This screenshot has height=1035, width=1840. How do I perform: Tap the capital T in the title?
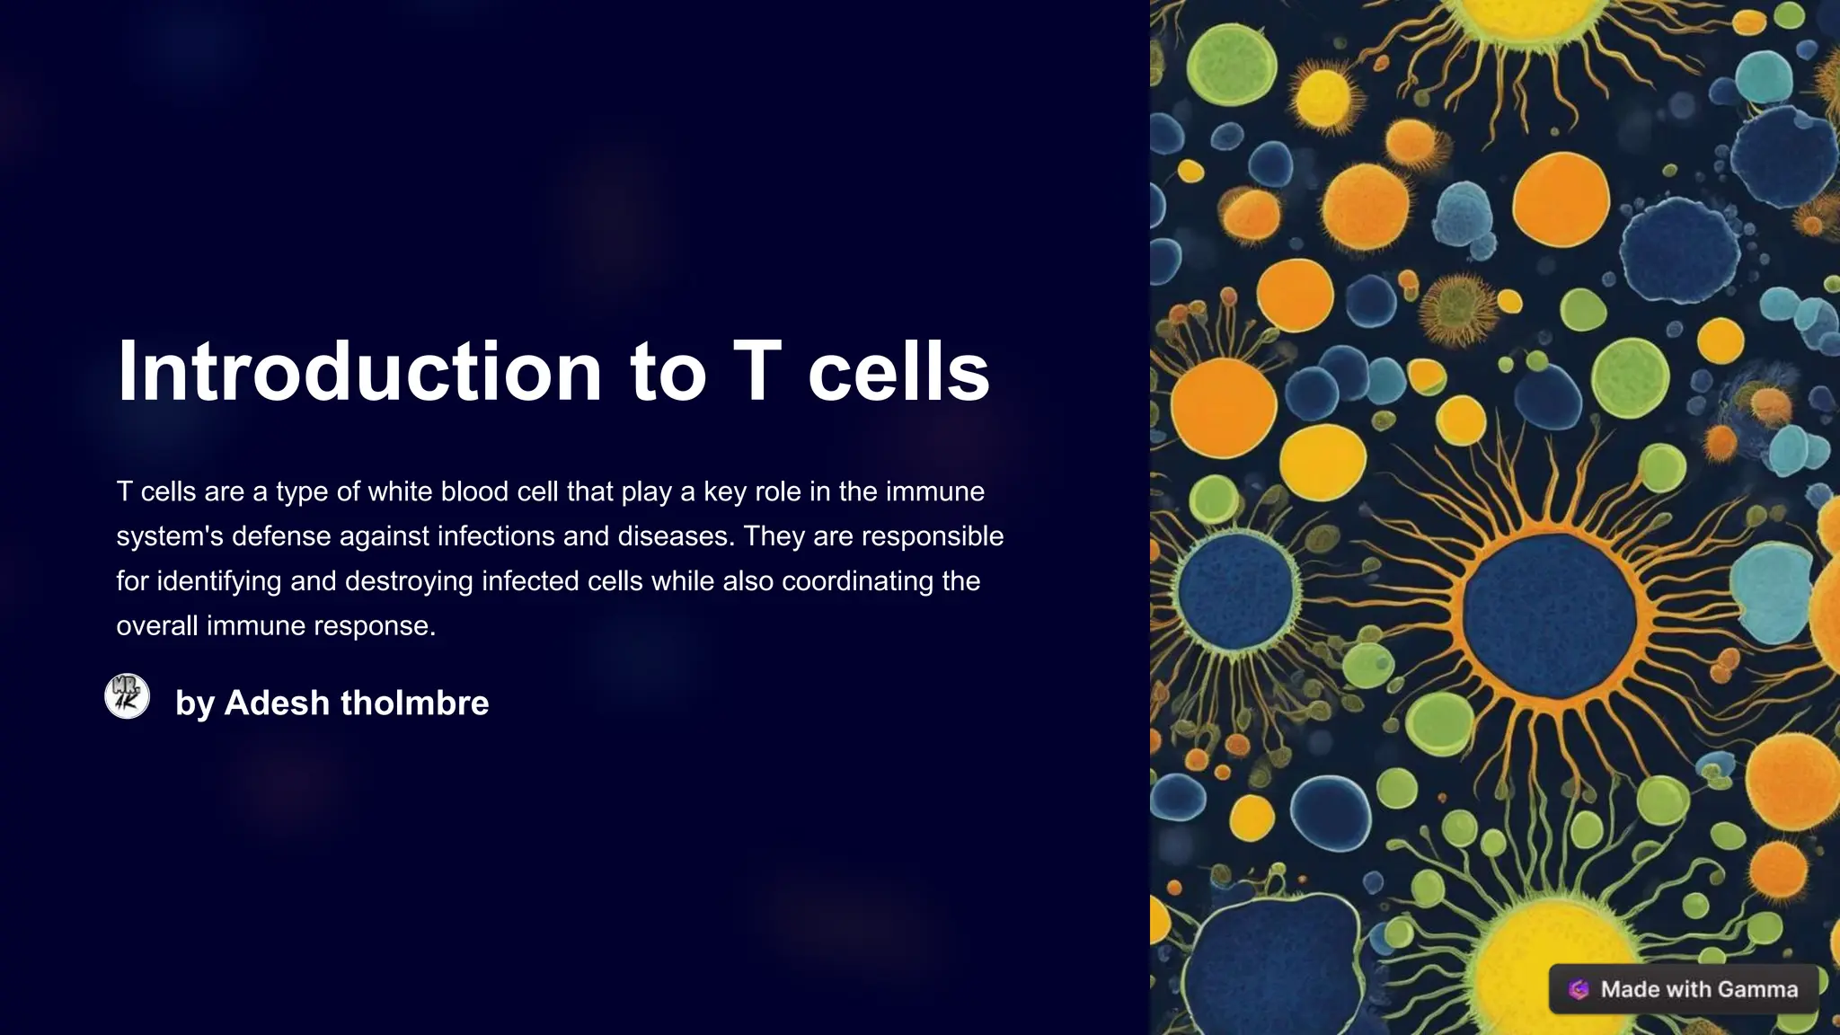click(x=756, y=372)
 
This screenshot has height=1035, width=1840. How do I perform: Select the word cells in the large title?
click(x=898, y=372)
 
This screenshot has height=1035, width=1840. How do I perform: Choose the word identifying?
click(x=219, y=581)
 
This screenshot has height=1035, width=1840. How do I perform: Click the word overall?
click(x=157, y=626)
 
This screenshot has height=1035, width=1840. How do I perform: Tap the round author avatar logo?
click(x=128, y=696)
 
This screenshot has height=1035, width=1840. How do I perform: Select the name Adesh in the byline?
click(x=277, y=703)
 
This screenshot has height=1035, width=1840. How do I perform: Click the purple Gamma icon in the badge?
click(x=1579, y=989)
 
